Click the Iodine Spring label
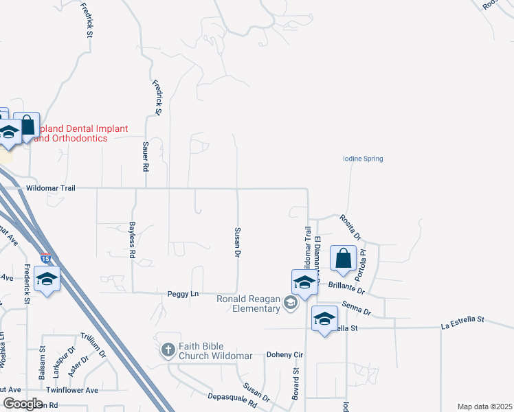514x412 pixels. (363, 159)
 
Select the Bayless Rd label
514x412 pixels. (132, 240)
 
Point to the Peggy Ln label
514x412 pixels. (183, 294)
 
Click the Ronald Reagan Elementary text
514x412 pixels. (249, 304)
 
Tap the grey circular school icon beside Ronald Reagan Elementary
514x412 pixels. (291, 304)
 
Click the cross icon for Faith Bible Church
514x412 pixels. (168, 351)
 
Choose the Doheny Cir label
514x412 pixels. (284, 356)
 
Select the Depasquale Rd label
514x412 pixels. (232, 400)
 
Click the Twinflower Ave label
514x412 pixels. (72, 390)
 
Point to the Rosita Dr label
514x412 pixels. (350, 227)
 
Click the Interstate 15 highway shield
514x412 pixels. (45, 259)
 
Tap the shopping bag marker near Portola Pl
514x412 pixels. (343, 259)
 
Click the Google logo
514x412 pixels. (23, 404)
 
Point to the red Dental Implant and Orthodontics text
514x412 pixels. (71, 133)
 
